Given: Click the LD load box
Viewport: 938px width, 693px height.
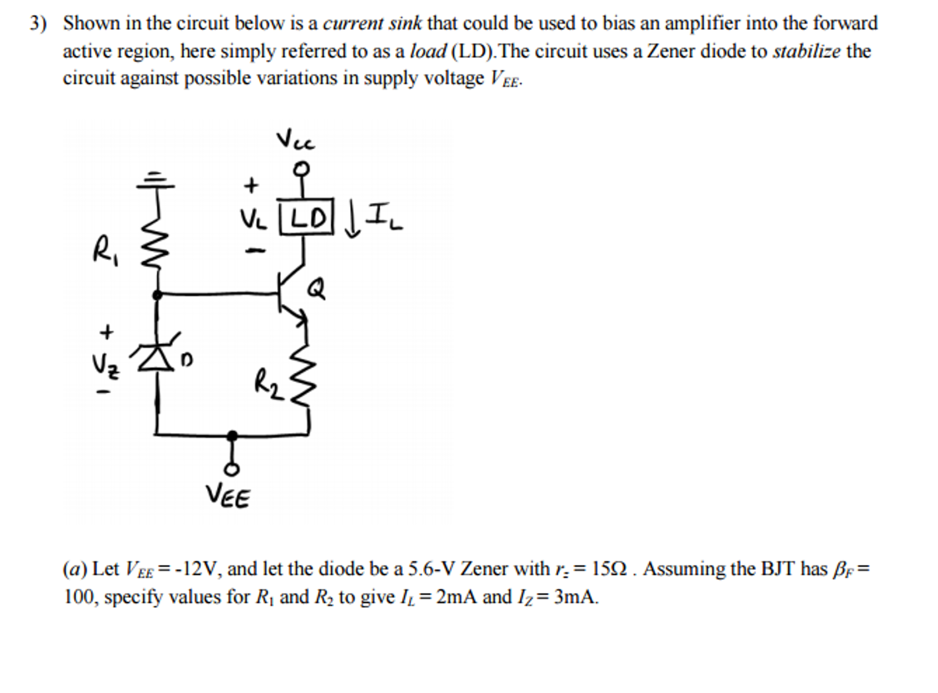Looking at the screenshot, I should point(306,216).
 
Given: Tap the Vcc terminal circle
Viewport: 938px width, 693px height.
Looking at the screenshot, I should point(301,169).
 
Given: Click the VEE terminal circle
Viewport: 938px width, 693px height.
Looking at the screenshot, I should point(232,469).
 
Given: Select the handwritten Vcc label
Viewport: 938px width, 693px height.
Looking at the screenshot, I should point(295,140).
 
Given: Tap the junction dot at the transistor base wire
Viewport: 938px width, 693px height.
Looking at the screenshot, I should point(157,294).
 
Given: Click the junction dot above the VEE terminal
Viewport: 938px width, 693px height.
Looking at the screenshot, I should point(232,434).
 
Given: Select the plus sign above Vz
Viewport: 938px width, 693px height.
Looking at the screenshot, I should point(106,331).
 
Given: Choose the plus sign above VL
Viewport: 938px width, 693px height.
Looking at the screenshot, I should point(251,185).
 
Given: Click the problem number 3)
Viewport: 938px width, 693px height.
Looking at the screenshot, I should point(38,23).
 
